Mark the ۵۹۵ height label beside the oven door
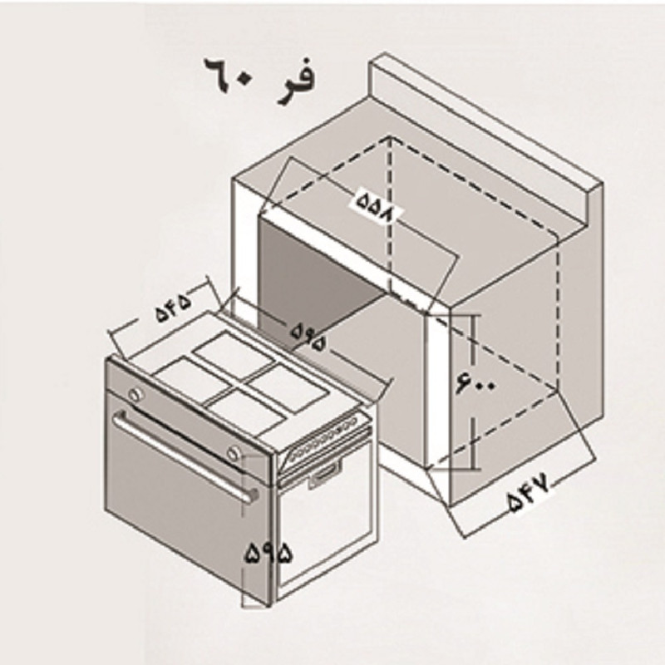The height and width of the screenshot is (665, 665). pyautogui.click(x=268, y=554)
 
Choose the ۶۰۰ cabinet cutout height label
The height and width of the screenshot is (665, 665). pyautogui.click(x=475, y=383)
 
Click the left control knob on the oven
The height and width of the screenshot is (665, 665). pyautogui.click(x=135, y=393)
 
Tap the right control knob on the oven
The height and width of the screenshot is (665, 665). pyautogui.click(x=235, y=453)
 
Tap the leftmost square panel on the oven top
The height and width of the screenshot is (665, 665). pyautogui.click(x=192, y=378)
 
